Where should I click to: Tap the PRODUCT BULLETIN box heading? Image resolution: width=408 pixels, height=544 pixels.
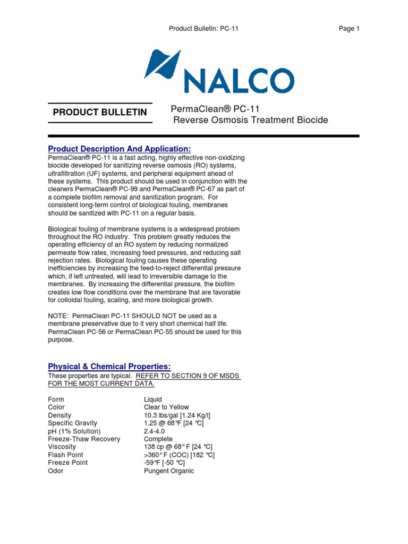coord(100,113)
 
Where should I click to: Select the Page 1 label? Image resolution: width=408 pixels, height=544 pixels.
coord(349,29)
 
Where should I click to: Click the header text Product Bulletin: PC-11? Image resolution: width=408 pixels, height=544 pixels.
coord(203,29)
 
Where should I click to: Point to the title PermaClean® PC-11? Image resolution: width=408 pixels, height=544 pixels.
coord(215,109)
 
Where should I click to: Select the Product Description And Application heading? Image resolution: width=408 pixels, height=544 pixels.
coord(119,148)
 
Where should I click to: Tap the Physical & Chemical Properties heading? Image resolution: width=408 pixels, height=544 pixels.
coord(109,367)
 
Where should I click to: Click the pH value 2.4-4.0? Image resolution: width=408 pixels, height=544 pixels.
coord(155,431)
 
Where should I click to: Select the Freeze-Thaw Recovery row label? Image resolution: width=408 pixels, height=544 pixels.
coord(84,439)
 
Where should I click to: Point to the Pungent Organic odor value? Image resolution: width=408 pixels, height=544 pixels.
coord(169,471)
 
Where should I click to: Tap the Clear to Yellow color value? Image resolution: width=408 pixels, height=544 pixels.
coord(166,407)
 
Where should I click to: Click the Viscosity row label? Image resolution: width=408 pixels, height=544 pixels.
coord(62,447)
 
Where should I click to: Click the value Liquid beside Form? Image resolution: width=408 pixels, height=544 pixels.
coord(153,399)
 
